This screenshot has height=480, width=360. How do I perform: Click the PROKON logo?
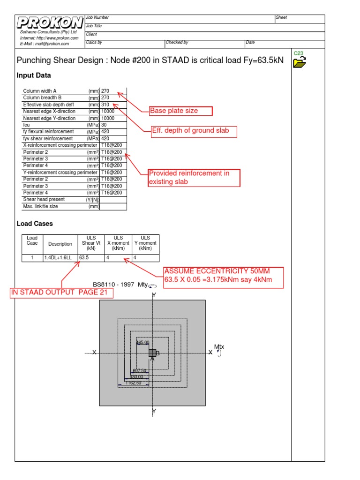click(50, 22)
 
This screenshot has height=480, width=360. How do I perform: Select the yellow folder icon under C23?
click(299, 62)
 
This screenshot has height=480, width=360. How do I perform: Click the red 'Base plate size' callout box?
click(180, 111)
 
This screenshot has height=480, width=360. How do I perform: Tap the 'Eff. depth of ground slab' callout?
click(194, 131)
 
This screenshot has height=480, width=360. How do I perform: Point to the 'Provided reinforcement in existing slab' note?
click(194, 178)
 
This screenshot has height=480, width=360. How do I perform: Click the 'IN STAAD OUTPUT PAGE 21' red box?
click(62, 293)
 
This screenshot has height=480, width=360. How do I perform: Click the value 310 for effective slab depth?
click(105, 105)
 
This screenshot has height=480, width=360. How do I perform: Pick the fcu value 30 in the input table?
click(104, 125)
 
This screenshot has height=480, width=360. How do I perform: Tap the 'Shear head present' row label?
click(44, 199)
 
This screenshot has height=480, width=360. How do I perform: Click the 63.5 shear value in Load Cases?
click(84, 257)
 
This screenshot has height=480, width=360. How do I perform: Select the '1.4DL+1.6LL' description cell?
click(58, 257)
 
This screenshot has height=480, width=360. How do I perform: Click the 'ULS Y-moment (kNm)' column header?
click(145, 243)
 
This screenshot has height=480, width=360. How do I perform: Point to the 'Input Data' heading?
click(34, 75)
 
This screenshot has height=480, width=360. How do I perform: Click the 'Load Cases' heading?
click(35, 224)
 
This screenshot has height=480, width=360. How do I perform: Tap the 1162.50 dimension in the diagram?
click(133, 383)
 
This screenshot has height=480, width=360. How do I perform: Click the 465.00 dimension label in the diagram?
click(142, 343)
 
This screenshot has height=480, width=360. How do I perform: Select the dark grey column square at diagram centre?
click(152, 352)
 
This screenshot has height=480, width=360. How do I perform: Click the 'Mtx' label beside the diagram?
click(219, 347)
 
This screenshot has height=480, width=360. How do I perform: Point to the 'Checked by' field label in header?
click(177, 43)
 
